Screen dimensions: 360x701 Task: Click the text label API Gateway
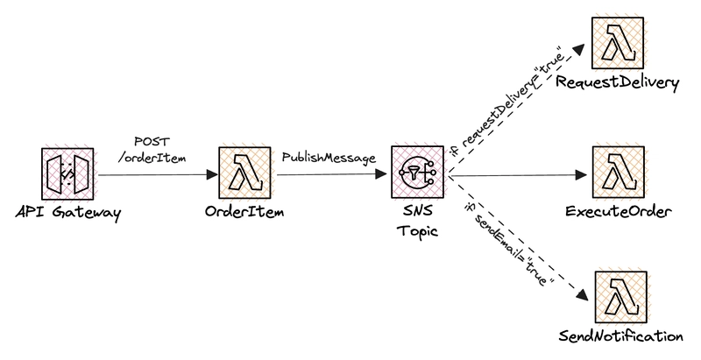pyautogui.click(x=67, y=213)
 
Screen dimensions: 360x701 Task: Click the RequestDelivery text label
pyautogui.click(x=619, y=83)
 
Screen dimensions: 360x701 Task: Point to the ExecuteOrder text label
pyautogui.click(x=619, y=212)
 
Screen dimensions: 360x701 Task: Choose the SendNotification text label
pyautogui.click(x=620, y=336)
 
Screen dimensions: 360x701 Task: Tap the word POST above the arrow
pyautogui.click(x=152, y=140)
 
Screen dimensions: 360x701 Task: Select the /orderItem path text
pyautogui.click(x=152, y=157)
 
